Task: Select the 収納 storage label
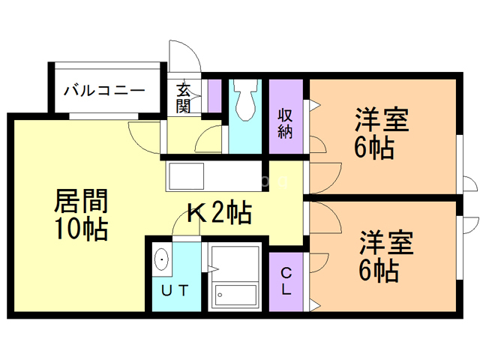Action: [x=285, y=123]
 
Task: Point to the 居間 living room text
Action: [x=81, y=201]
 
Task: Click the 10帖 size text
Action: [x=81, y=228]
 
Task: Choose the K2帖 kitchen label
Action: [x=217, y=214]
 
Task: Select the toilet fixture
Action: [x=244, y=105]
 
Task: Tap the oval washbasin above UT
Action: [x=163, y=259]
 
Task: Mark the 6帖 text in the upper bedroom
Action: [x=374, y=148]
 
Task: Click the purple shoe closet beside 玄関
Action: [x=214, y=95]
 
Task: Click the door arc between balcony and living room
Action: [x=143, y=133]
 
